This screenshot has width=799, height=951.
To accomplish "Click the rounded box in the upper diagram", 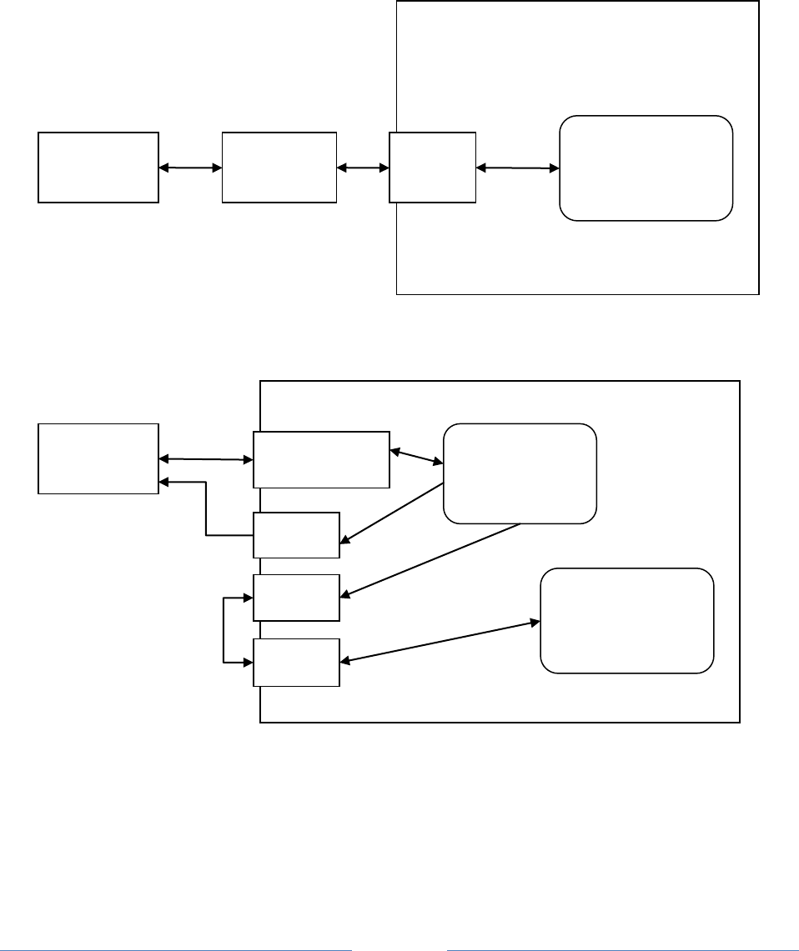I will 646,168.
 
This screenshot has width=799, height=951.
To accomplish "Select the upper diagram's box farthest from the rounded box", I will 98,167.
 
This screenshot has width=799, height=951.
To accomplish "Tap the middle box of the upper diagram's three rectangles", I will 279,167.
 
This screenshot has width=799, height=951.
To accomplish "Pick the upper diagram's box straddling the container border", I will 433,167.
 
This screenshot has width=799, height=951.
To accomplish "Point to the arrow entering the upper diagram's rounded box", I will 517,168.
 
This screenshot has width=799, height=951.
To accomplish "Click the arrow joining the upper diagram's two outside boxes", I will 190,168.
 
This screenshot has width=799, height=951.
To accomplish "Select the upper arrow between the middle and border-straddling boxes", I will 363,168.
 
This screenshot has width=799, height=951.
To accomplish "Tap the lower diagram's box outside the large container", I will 98,458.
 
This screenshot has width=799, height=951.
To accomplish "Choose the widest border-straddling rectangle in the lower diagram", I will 322,459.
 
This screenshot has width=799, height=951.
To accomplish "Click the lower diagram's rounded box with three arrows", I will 520,473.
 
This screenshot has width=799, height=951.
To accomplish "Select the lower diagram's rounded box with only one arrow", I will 627,620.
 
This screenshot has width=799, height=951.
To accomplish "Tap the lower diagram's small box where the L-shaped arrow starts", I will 297,535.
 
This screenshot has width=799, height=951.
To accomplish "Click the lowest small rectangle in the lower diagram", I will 297,663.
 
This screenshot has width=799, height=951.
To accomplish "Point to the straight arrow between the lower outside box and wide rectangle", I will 206,458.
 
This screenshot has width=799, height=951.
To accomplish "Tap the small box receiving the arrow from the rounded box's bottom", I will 297,597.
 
